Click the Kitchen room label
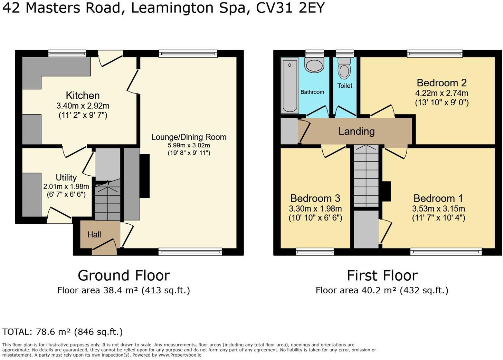pyautogui.click(x=83, y=96)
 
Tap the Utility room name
pyautogui.click(x=66, y=177)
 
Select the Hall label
pyautogui.click(x=94, y=235)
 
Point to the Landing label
pyautogui.click(x=357, y=132)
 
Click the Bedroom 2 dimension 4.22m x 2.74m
pyautogui.click(x=442, y=93)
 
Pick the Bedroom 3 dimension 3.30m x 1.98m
pyautogui.click(x=315, y=209)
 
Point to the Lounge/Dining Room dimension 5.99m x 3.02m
pyautogui.click(x=189, y=145)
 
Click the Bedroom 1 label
pyautogui.click(x=438, y=198)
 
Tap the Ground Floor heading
pyautogui.click(x=124, y=276)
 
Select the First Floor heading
pyautogui.click(x=382, y=276)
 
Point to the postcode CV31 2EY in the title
pyautogui.click(x=290, y=8)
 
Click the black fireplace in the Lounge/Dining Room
pyautogui.click(x=145, y=176)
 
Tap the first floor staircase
pyautogui.click(x=366, y=176)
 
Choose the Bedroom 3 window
pyautogui.click(x=315, y=252)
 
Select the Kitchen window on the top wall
pyautogui.click(x=67, y=53)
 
